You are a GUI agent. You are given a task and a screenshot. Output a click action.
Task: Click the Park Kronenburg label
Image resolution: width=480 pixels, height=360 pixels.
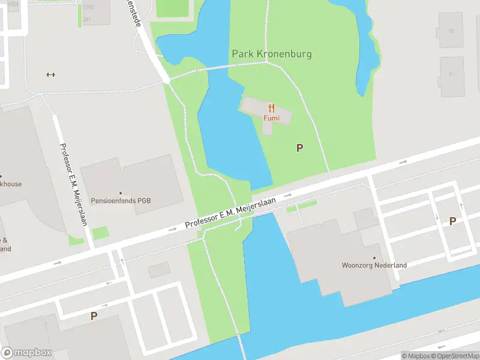[x=272, y=54]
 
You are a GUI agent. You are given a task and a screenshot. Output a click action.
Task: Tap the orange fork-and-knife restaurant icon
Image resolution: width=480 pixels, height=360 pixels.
[x=271, y=108]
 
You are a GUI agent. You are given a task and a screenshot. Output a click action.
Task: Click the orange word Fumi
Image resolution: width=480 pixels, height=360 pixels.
[x=271, y=118]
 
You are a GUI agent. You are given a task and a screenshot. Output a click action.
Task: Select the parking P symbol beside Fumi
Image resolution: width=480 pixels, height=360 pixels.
[x=299, y=148]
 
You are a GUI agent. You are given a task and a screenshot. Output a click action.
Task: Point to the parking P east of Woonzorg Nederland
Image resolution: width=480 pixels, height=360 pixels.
[x=452, y=221]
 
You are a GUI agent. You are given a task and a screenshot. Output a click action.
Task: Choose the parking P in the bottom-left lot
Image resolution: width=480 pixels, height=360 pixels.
[x=94, y=316]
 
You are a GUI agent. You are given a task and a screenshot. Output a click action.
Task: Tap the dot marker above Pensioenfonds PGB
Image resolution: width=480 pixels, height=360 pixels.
[x=120, y=193]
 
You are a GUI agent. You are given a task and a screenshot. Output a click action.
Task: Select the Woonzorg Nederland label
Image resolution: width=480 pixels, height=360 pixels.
[x=374, y=265]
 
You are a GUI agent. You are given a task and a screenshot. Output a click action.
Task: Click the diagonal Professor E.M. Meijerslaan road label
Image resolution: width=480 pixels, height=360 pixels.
[x=230, y=214]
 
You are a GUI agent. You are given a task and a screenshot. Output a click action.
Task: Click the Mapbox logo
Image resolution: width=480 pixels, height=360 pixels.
[x=26, y=353]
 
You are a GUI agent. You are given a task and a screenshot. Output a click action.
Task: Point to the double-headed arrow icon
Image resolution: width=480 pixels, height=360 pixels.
[x=50, y=74]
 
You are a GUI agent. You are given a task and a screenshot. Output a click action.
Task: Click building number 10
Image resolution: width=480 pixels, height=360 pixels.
[x=451, y=31]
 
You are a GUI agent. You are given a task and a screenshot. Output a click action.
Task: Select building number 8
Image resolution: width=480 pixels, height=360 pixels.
[x=451, y=74]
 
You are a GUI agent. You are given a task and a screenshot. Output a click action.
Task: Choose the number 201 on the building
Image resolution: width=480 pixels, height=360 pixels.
[x=87, y=19]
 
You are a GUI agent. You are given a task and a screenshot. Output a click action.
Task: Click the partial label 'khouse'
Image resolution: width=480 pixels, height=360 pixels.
[x=11, y=184]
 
